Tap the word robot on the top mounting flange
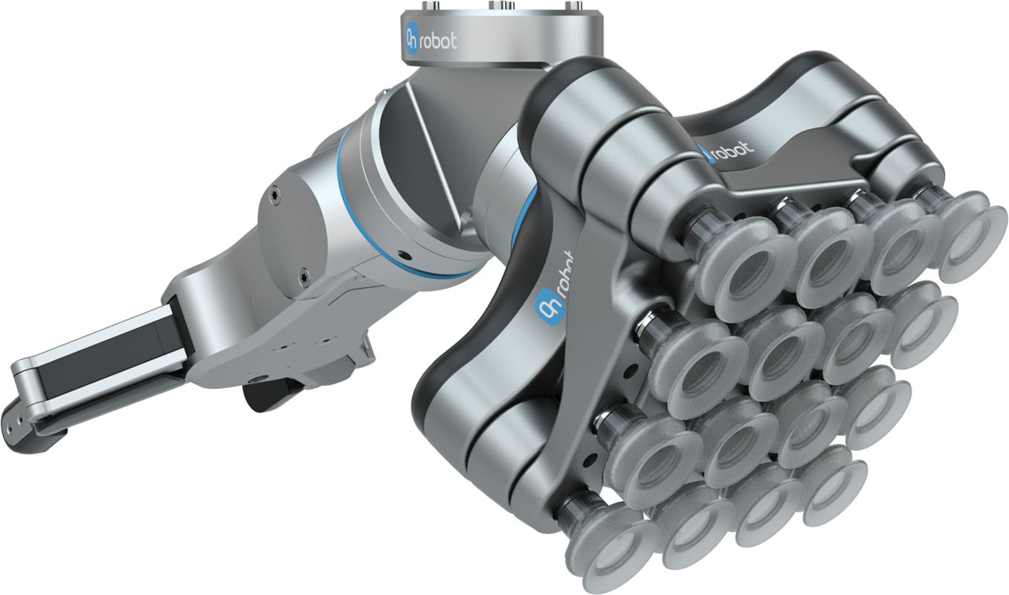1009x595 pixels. point(439,40)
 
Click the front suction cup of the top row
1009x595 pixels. point(737,271)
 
